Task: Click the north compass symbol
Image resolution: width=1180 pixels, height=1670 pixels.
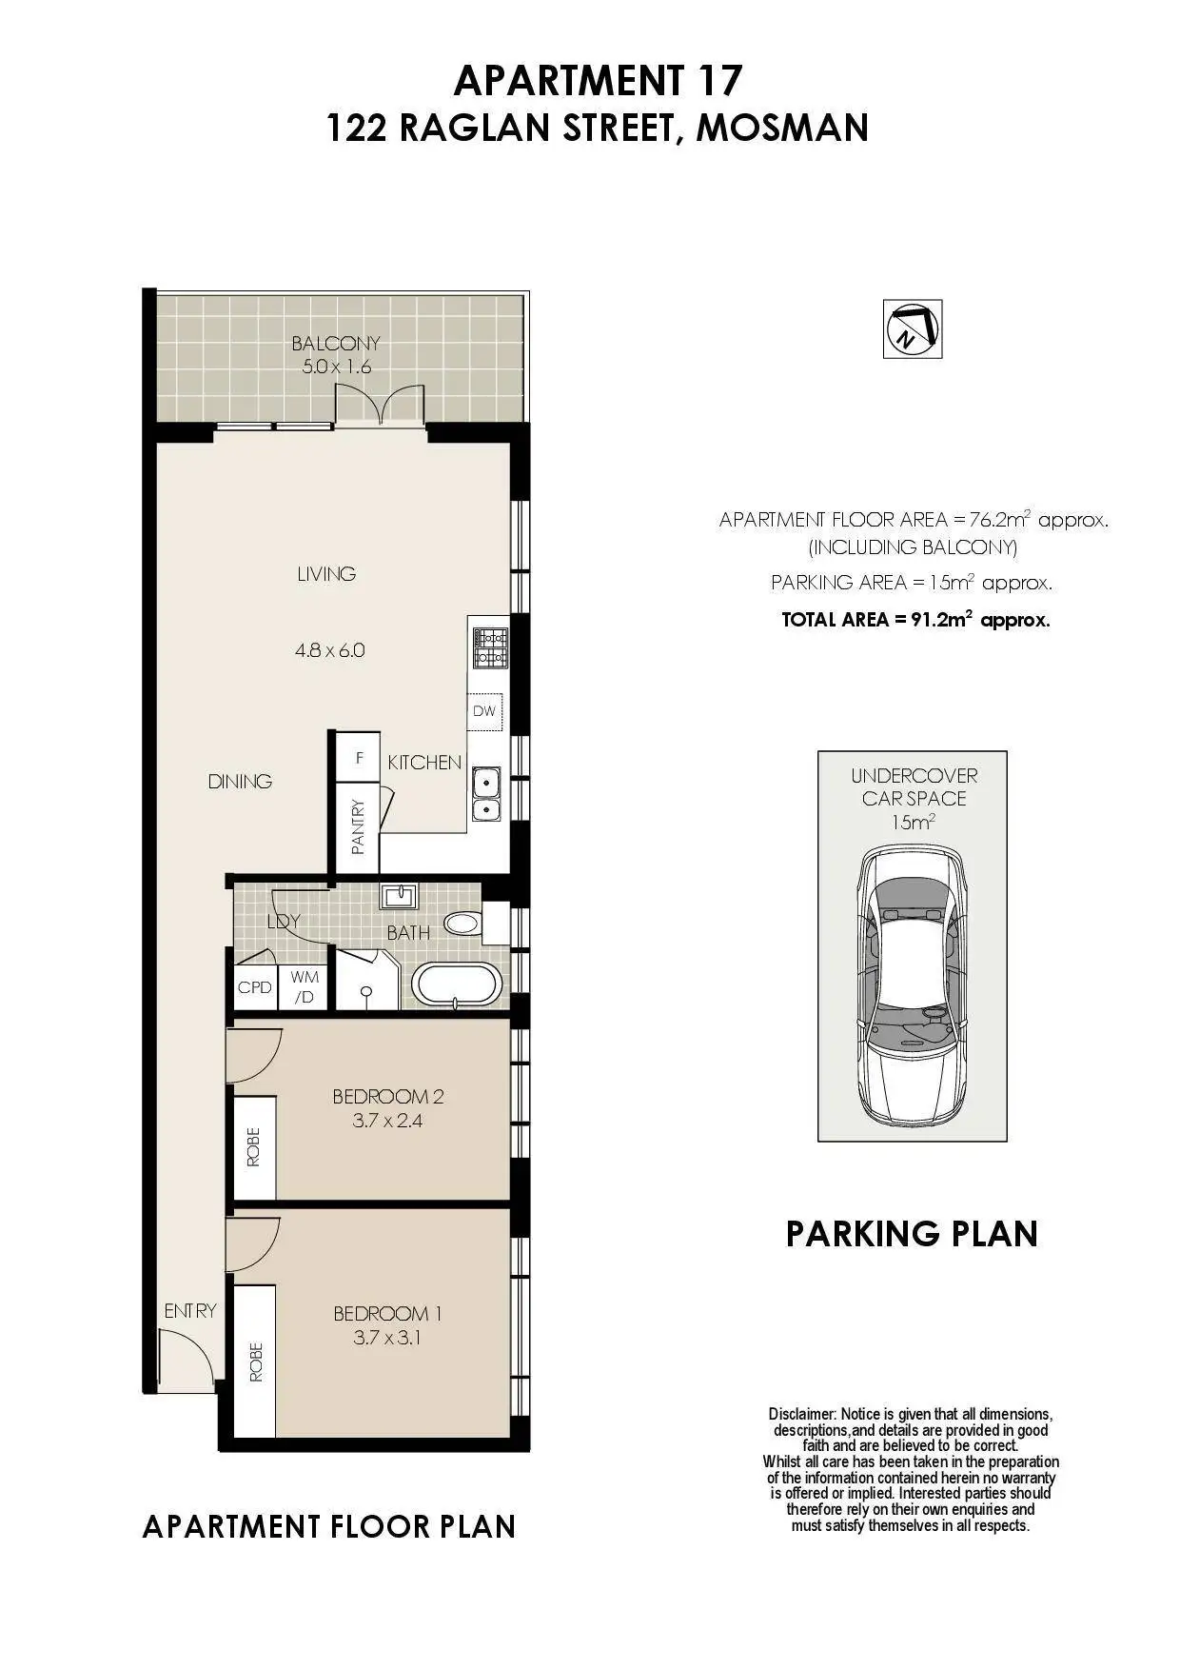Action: coord(913,329)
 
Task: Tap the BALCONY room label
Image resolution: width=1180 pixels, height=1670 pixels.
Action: coord(336,343)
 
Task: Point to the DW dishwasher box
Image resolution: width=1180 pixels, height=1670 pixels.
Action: coord(484,711)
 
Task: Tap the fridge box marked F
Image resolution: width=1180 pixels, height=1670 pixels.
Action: coord(359,759)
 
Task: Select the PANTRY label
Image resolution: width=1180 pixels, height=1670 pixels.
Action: coord(358,826)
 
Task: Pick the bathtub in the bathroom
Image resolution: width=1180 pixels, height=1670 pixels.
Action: coord(457,985)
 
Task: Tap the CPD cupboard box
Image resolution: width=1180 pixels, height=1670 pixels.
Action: coord(254,987)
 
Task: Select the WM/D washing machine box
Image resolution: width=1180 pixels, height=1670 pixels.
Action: coord(305,987)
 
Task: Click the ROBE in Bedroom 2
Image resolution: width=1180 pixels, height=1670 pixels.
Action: coord(254,1147)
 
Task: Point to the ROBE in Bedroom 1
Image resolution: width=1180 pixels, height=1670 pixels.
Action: coord(255,1362)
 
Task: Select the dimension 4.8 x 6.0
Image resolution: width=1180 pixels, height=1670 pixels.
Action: coord(329,651)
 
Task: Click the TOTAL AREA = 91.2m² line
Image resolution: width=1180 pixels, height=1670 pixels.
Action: coord(915,619)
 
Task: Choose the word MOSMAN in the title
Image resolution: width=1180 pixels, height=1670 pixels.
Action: coord(782,128)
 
